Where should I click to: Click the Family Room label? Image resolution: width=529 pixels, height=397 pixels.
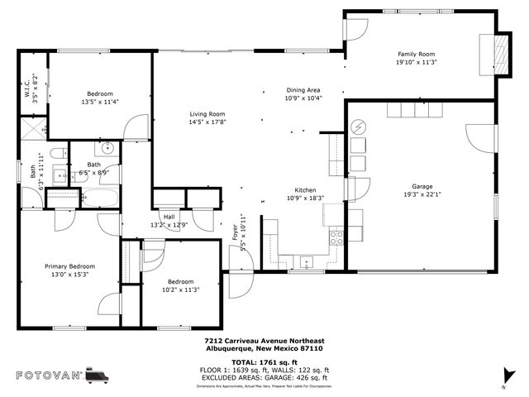click(415, 54)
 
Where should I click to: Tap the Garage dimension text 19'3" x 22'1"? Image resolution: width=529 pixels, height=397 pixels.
click(422, 195)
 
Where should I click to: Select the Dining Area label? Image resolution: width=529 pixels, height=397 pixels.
click(303, 90)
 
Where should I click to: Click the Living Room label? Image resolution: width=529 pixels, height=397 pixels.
click(207, 114)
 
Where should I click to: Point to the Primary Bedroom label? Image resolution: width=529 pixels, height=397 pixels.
click(69, 266)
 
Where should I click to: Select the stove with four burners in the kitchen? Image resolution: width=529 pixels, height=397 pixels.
click(336, 237)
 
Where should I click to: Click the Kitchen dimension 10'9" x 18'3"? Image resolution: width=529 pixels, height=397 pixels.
click(306, 198)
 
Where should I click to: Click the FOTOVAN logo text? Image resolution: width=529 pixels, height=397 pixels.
click(49, 375)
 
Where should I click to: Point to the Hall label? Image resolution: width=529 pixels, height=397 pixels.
click(169, 217)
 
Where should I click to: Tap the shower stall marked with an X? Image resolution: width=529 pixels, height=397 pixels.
click(34, 130)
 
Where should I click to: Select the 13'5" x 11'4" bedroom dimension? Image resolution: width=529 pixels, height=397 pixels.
click(100, 102)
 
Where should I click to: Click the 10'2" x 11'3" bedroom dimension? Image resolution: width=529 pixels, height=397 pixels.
click(180, 289)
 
